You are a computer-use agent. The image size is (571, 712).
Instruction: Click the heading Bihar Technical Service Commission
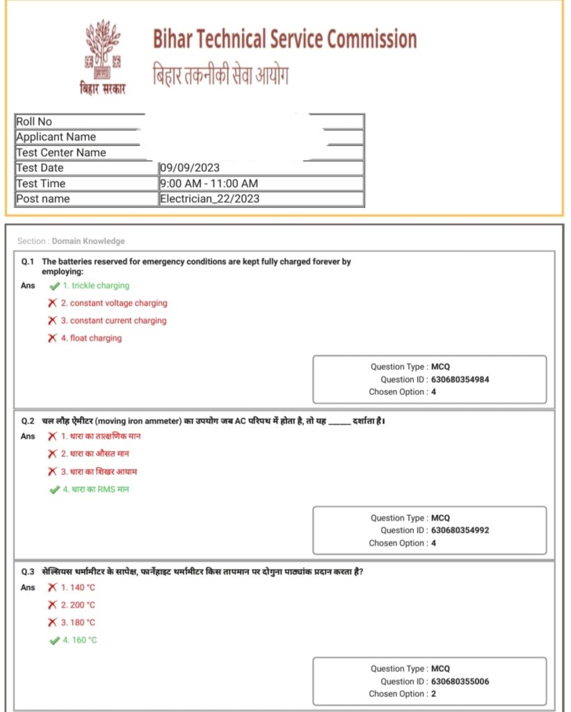tap(284, 39)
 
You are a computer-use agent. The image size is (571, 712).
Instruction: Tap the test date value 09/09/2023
tap(190, 168)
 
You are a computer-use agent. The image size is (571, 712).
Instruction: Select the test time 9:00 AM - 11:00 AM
tap(209, 184)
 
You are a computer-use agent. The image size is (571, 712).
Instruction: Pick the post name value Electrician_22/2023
tap(209, 199)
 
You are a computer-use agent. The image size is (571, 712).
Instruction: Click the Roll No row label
tap(34, 122)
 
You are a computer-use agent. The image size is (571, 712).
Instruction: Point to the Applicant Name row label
tap(56, 137)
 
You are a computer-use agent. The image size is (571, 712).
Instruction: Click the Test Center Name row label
tap(61, 152)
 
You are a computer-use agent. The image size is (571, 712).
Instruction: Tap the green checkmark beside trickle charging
tap(54, 286)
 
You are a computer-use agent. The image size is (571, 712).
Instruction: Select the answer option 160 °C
tap(79, 640)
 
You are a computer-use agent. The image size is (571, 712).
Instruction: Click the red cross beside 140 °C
tap(52, 588)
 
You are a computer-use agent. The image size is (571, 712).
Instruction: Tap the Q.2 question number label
tap(28, 421)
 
